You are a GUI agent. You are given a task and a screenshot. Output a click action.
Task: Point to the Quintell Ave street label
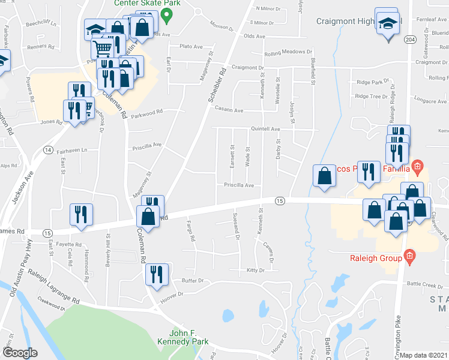265,129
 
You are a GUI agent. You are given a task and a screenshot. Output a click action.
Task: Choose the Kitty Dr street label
256,270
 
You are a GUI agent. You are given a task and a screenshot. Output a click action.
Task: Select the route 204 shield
410,39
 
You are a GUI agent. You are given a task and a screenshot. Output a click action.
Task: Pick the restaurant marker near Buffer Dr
156,275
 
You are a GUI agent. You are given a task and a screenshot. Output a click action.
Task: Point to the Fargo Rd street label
191,229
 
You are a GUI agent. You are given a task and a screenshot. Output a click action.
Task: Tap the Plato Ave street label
192,46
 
